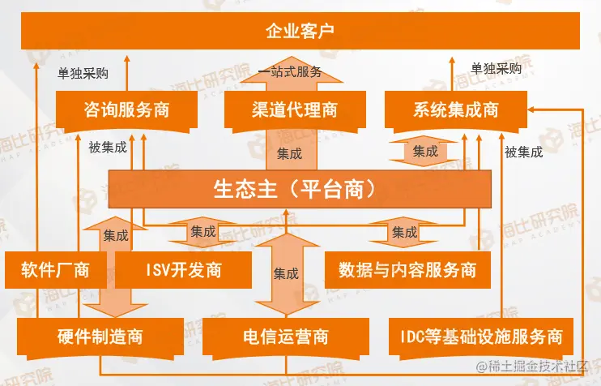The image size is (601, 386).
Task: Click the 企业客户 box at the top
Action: click(300, 32)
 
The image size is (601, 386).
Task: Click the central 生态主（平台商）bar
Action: click(300, 189)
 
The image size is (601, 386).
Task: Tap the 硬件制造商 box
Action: click(100, 336)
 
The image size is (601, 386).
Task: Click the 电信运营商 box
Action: click(285, 336)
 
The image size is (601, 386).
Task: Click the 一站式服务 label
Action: click(289, 72)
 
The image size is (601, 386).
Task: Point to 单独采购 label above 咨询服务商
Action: click(83, 72)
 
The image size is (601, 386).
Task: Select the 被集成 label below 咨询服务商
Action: click(108, 148)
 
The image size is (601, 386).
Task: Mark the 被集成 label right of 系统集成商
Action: click(523, 152)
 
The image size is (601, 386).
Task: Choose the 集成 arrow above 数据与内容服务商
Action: click(404, 232)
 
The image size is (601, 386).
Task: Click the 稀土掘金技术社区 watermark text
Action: click(539, 369)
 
